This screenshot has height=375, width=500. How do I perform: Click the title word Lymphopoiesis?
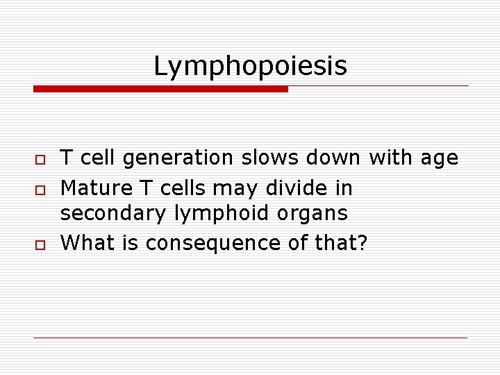click(x=250, y=67)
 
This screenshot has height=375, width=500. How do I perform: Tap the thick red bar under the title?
click(x=160, y=89)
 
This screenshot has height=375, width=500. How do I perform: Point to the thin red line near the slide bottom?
click(x=250, y=337)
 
